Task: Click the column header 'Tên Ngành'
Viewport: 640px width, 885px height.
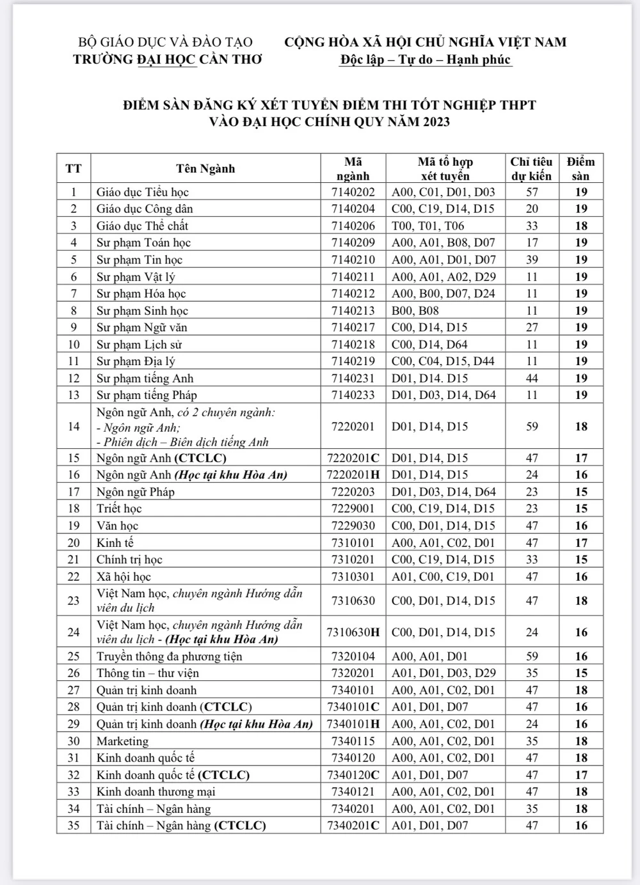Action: pos(205,169)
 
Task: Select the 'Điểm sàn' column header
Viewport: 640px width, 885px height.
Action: pos(580,169)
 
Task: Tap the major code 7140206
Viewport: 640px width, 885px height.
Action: pos(353,226)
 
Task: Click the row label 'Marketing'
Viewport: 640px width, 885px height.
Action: pos(122,741)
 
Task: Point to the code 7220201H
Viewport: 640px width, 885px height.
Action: pos(353,474)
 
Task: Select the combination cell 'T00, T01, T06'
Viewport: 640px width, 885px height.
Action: pos(428,226)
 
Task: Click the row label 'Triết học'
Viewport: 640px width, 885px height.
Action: pos(119,508)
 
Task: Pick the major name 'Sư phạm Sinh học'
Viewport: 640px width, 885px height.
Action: pos(142,311)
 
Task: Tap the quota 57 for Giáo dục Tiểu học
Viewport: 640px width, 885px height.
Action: pos(532,192)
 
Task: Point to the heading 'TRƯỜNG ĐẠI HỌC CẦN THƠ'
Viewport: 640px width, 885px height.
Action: pos(168,59)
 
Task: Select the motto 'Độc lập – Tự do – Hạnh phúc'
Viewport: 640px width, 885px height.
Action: pos(426,59)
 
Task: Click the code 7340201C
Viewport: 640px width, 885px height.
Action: pos(353,826)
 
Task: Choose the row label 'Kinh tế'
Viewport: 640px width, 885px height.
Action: pos(115,542)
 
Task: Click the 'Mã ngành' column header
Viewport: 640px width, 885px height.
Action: pos(353,169)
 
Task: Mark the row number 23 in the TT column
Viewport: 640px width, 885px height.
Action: pos(74,600)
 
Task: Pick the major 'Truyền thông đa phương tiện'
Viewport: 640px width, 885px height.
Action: pos(169,656)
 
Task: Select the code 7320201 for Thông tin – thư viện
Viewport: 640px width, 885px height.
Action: pos(353,673)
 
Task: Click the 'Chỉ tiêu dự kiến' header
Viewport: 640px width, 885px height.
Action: pos(532,169)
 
